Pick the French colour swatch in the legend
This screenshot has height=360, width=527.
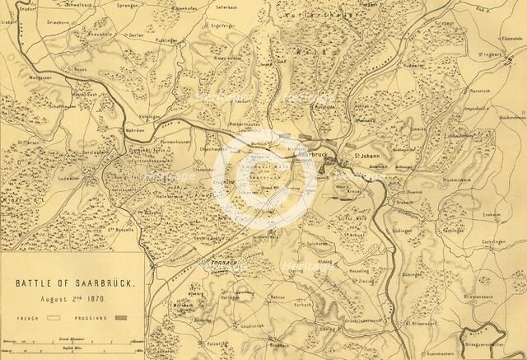click(55, 316)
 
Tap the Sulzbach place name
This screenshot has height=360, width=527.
click(443, 25)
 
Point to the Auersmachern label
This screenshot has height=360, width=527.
click(442, 352)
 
